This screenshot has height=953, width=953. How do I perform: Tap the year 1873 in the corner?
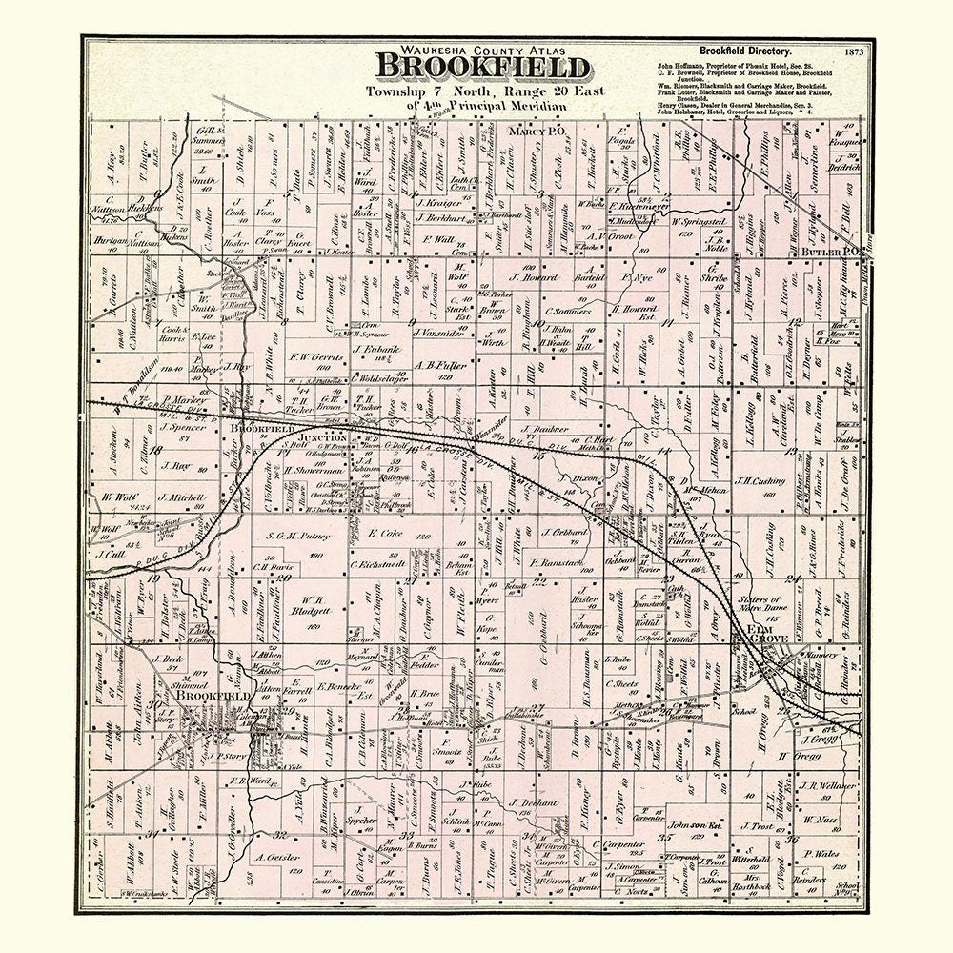tap(852, 51)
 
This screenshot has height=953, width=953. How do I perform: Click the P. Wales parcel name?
tap(821, 854)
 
